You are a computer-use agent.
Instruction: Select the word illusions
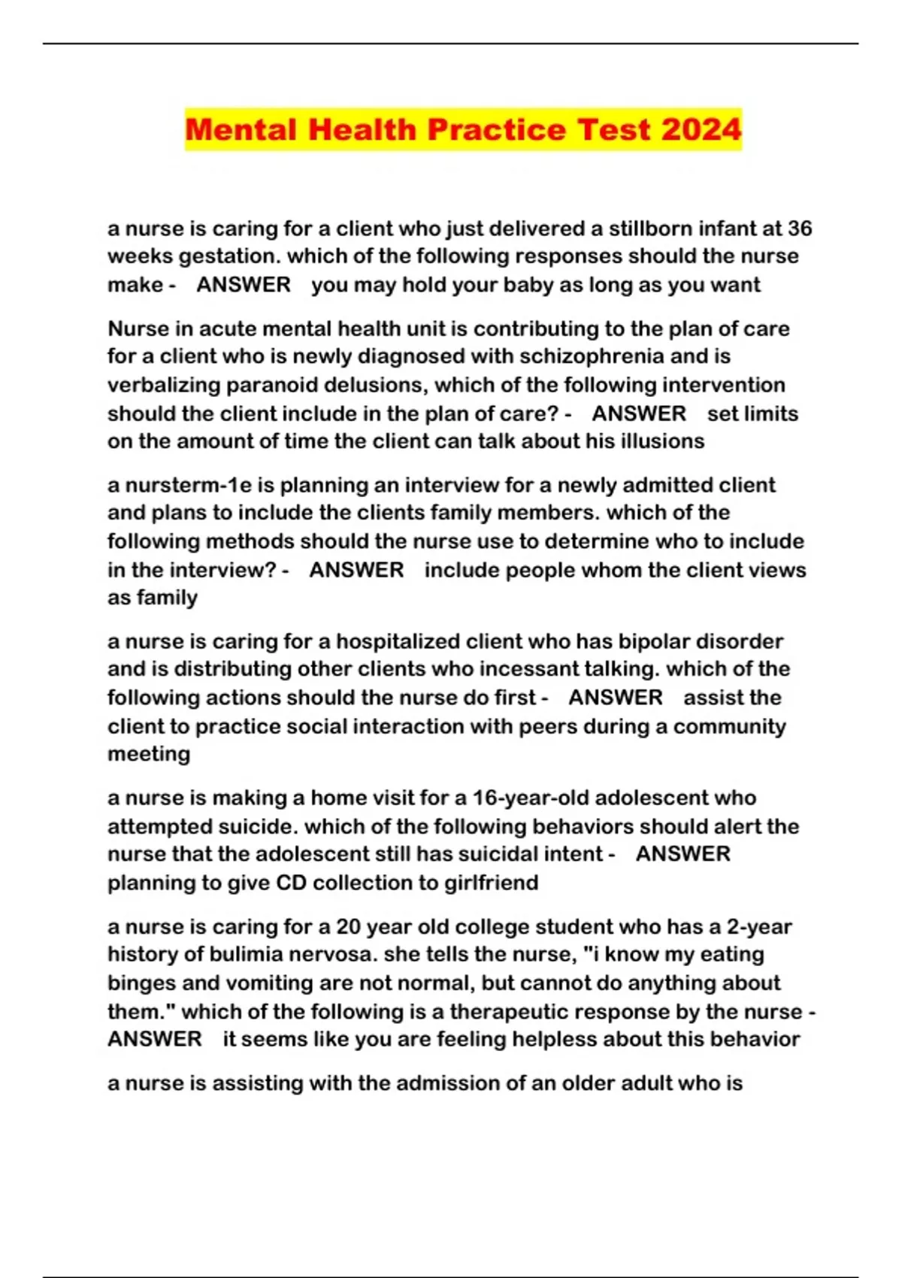click(x=662, y=441)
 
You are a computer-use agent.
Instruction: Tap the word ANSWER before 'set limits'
click(x=639, y=413)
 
